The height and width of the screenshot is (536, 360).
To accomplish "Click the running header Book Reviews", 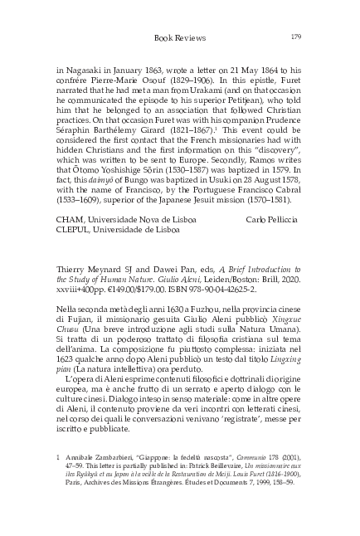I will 179,37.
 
